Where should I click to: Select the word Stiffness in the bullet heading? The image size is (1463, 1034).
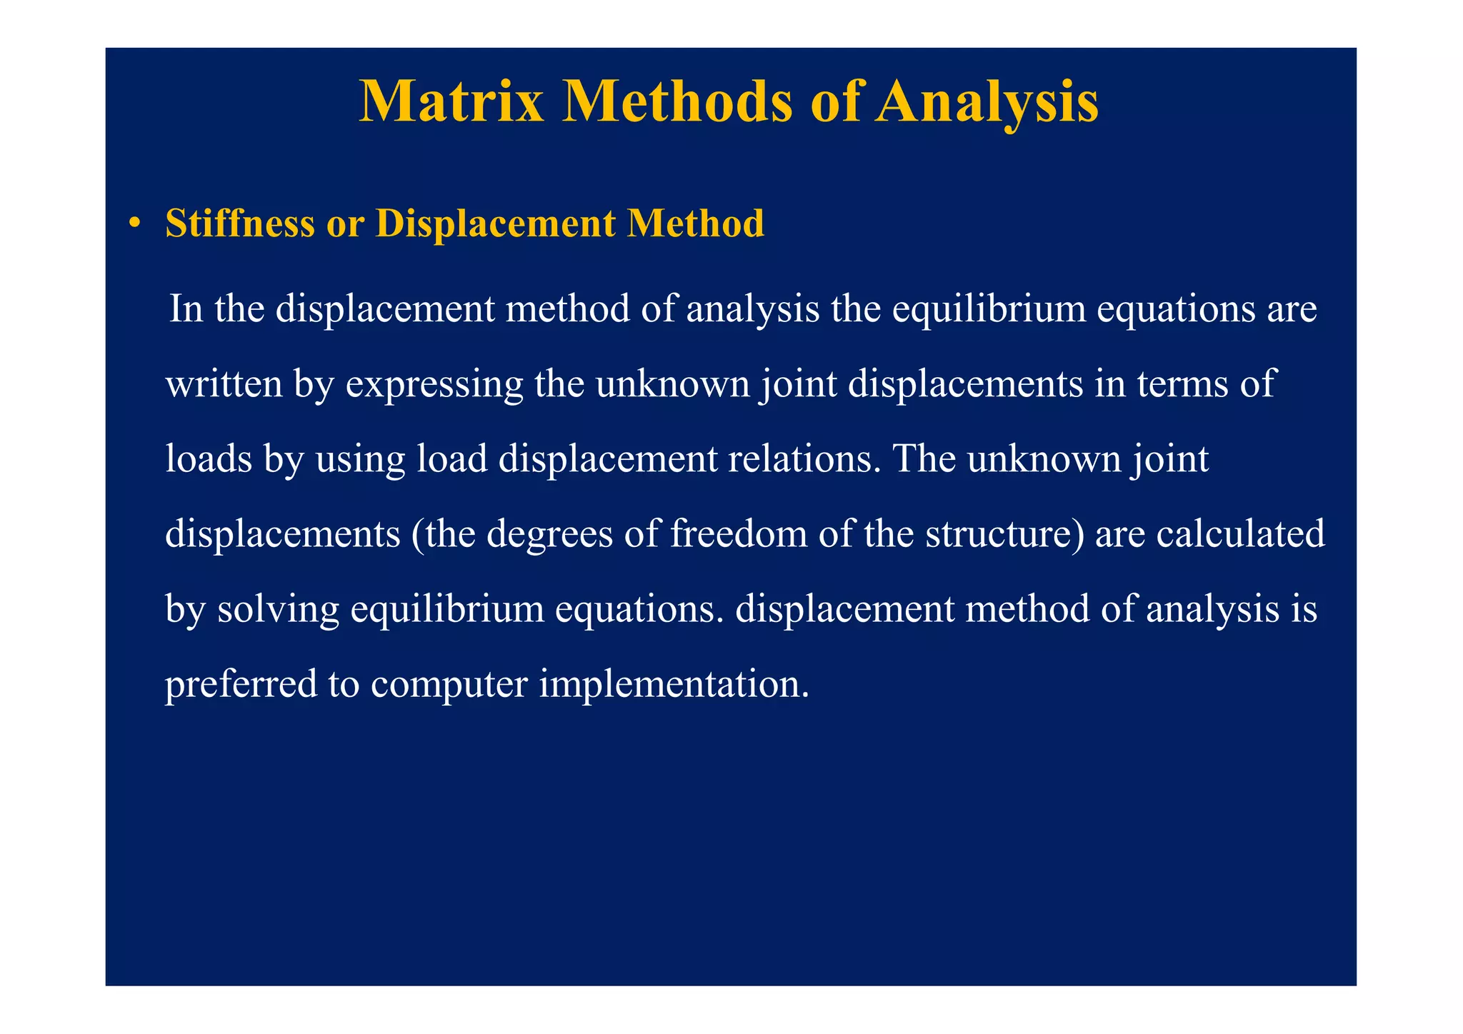click(239, 224)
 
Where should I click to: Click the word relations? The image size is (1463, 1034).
click(804, 458)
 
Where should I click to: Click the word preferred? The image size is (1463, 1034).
click(241, 684)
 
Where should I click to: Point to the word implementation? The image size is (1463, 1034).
click(674, 684)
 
